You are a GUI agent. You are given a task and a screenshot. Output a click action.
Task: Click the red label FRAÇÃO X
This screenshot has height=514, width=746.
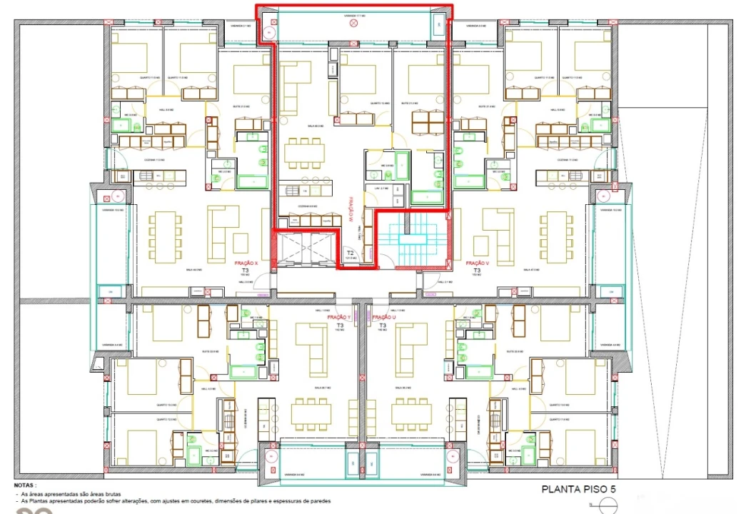click(246, 263)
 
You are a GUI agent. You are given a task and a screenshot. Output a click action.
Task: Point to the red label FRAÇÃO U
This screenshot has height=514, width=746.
click(383, 316)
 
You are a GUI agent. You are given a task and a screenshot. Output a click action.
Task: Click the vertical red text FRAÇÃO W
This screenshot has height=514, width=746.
click(353, 208)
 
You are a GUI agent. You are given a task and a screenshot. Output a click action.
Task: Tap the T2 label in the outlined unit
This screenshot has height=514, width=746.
click(350, 253)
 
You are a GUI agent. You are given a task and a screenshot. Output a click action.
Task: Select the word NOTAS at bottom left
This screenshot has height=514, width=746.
click(25, 483)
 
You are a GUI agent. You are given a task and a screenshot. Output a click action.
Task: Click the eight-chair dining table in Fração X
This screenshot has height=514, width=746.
click(161, 236)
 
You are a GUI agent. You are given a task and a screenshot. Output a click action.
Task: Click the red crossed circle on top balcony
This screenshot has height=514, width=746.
click(353, 24)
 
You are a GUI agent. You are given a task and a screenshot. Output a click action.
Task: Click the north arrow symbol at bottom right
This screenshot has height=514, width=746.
click(608, 505)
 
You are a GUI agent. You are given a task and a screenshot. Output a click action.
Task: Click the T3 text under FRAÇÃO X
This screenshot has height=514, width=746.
click(246, 271)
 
